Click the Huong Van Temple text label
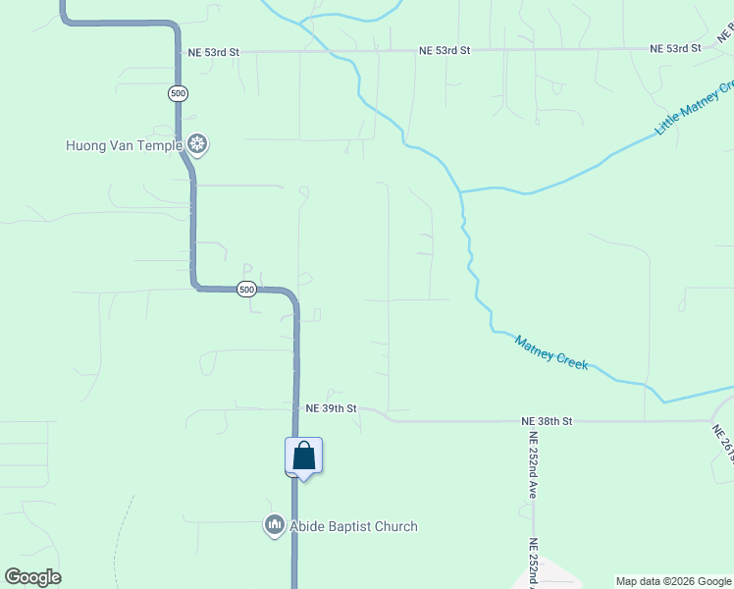point(124,146)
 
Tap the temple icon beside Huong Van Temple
point(197,146)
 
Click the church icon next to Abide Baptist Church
point(274,526)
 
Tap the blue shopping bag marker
point(304,455)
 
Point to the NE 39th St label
point(331,407)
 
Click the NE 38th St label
point(547,421)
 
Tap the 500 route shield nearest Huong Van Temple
point(178,93)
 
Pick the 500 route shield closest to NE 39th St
point(246,289)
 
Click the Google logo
point(32,577)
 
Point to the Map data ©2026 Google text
point(674,581)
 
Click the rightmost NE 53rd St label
point(675,47)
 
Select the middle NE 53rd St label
point(445,50)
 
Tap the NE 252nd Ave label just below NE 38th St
point(533,465)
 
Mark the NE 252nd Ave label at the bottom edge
point(533,563)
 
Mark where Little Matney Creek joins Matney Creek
point(460,191)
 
